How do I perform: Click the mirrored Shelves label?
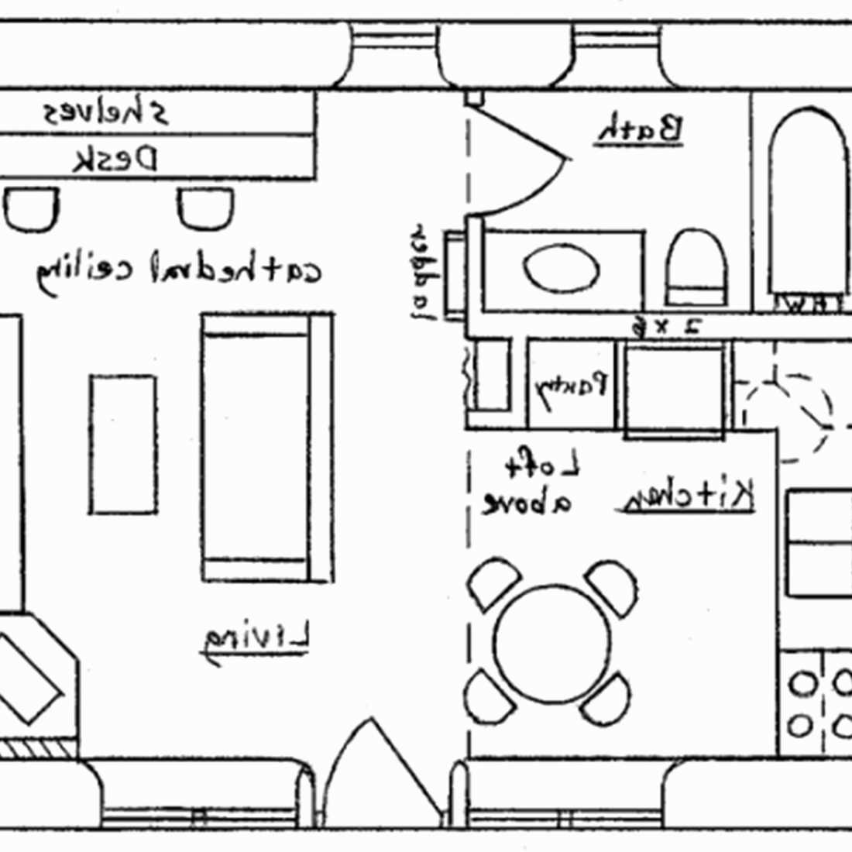point(105,114)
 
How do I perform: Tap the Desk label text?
point(115,160)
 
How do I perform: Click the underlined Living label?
point(256,640)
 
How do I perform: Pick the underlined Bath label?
point(641,129)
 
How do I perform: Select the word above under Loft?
point(527,503)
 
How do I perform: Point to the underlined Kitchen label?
point(686,496)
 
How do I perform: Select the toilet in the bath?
point(697,267)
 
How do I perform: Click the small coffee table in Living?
point(122,445)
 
